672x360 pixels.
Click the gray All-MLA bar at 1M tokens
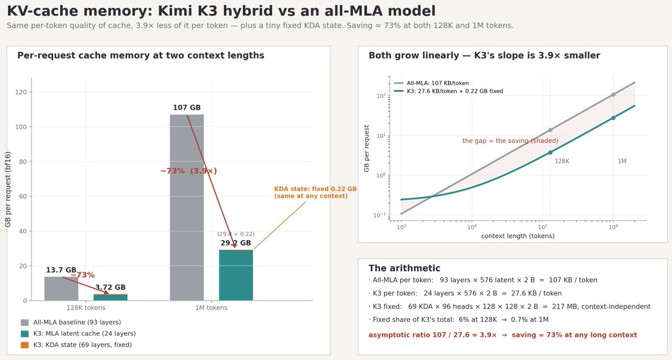[186, 207]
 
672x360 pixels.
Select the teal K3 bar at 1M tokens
[236, 275]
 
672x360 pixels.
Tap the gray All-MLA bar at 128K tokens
[61, 288]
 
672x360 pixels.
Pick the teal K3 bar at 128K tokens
[110, 297]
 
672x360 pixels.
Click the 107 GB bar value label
[186, 107]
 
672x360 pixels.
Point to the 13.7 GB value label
[61, 270]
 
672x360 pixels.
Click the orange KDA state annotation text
[315, 192]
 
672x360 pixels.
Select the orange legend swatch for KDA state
[25, 345]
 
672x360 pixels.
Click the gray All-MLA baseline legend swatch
[25, 322]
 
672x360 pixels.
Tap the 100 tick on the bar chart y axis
[21, 127]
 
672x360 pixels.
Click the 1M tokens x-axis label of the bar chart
[211, 307]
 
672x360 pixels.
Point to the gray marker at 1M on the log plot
[613, 95]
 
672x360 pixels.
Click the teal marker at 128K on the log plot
[550, 152]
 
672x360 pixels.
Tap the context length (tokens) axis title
[518, 236]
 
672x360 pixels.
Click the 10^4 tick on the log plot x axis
[472, 227]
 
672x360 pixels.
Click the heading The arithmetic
[404, 268]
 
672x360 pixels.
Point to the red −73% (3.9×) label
[188, 171]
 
